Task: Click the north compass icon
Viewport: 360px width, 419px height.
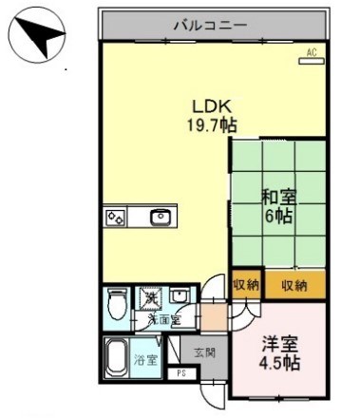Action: point(39,37)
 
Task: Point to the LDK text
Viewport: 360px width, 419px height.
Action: point(209,105)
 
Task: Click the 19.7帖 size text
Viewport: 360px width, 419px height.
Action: point(211,124)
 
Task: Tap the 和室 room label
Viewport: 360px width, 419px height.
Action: point(279,198)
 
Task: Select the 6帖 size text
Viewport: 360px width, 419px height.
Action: point(278,217)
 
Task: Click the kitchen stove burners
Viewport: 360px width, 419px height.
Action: point(116,218)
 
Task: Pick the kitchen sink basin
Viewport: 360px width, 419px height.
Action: point(159,218)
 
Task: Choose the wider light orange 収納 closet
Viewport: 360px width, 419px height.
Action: point(294,284)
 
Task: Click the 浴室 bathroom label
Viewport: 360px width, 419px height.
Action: point(145,360)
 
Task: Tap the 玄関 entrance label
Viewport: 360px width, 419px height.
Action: point(206,352)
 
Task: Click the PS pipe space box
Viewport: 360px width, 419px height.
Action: point(181,373)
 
